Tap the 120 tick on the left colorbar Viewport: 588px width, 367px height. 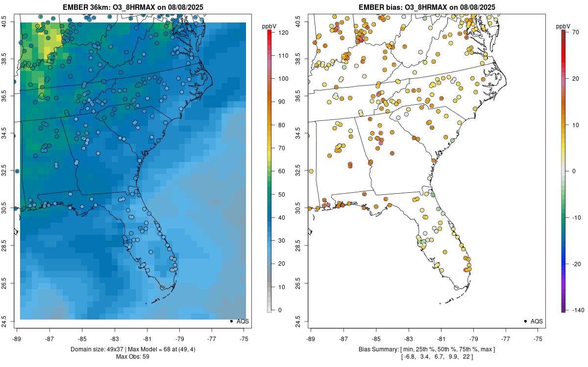[282, 33]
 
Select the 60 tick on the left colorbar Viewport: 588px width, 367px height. [282, 171]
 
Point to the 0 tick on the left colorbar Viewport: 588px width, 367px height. [280, 310]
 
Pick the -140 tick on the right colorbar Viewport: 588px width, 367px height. [577, 310]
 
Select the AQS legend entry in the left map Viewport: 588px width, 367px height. [243, 321]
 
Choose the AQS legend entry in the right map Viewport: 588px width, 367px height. [537, 321]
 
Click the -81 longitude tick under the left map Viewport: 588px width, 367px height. [147, 339]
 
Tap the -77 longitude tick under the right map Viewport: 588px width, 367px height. [506, 339]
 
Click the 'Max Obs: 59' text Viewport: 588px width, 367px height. [132, 357]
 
